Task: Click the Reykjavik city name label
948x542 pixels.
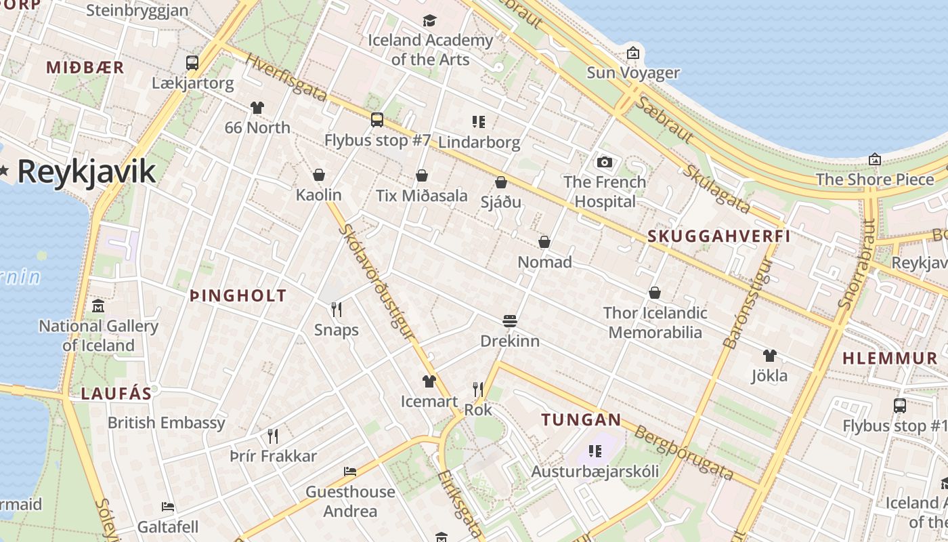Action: [x=87, y=172]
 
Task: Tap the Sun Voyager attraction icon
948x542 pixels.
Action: [x=632, y=53]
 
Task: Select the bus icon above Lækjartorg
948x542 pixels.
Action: [x=192, y=63]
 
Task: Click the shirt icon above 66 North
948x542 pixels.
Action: [x=257, y=107]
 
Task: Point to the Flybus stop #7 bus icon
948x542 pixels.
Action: [x=377, y=120]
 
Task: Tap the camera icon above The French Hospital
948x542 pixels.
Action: [x=604, y=162]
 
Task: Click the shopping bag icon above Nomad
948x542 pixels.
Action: [x=544, y=242]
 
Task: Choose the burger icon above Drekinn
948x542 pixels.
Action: [x=510, y=320]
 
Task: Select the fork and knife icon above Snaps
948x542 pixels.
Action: [x=337, y=310]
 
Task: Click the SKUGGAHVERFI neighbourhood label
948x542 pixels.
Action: [x=719, y=236]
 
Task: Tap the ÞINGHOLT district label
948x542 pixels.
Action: [x=238, y=295]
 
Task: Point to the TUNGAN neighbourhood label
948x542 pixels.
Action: [x=581, y=420]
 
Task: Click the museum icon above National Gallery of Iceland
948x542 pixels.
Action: [x=98, y=306]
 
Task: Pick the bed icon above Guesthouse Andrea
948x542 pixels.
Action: [x=350, y=472]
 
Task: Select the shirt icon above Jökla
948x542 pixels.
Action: [x=770, y=355]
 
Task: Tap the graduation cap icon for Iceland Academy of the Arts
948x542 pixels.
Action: [x=429, y=20]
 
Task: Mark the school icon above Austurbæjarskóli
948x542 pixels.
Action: [x=595, y=451]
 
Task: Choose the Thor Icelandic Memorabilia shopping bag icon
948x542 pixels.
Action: [x=655, y=293]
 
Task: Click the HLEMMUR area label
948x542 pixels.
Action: [x=890, y=358]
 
